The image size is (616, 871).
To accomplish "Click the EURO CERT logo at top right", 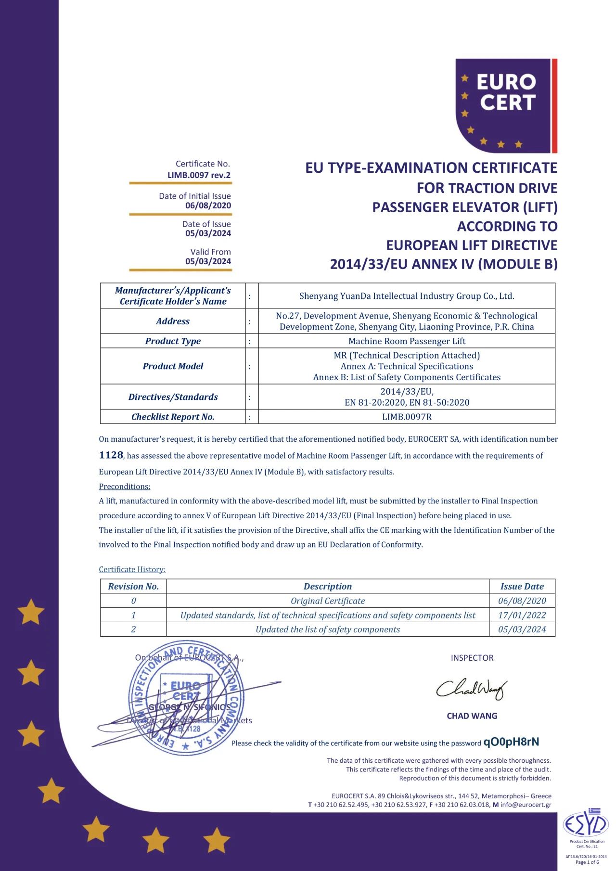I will (506, 106).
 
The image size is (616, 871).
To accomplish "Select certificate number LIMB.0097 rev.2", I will (199, 175).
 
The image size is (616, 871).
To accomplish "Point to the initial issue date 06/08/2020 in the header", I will (208, 205).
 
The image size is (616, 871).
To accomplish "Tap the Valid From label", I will (210, 252).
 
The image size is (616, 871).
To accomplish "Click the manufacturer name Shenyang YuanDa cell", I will (407, 296).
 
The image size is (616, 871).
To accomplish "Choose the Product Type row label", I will (173, 341).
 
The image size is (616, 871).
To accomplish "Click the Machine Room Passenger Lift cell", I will (407, 341).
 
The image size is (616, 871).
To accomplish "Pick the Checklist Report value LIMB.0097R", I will (407, 417).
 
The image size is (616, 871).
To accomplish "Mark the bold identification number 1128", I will (111, 455).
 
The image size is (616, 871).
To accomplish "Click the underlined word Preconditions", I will (124, 487).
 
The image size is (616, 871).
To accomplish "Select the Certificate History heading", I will (132, 569).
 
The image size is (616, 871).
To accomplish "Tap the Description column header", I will (327, 586).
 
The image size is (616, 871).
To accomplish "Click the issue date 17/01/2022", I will (522, 615).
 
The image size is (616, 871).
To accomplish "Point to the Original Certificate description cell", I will (327, 601).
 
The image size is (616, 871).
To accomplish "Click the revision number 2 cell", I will (133, 629).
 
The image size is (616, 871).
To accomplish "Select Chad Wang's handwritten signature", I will (471, 689).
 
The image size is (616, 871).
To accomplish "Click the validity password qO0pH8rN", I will (511, 742).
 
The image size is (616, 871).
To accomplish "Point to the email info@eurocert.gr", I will (526, 805).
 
